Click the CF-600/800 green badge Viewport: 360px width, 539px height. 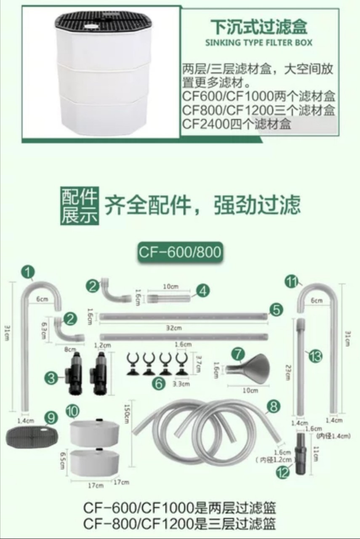(180, 251)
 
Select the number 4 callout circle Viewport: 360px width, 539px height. (203, 290)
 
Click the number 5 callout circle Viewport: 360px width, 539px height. (276, 310)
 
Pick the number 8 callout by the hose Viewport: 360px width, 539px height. (273, 406)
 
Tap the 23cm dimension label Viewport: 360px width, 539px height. (288, 371)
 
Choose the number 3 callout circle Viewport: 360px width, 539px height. (51, 378)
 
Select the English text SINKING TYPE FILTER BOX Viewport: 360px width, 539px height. (259, 43)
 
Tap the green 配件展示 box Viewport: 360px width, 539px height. (79, 205)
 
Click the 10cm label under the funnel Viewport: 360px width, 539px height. (250, 390)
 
